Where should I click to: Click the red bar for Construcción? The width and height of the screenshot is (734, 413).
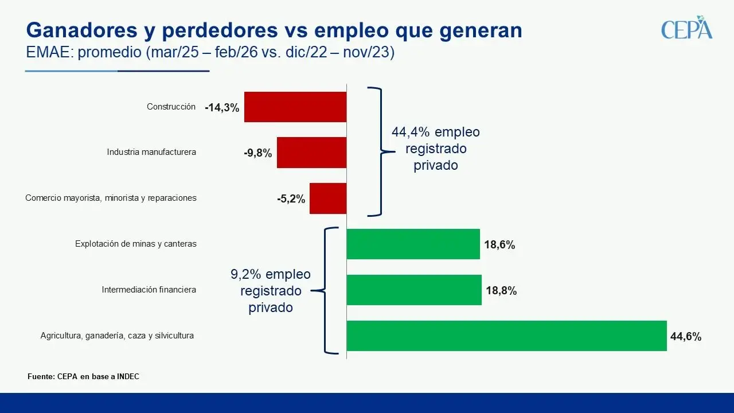click(x=295, y=107)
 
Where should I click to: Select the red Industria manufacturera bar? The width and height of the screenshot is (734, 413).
click(x=311, y=153)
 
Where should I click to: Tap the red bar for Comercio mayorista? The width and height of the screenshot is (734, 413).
click(x=327, y=198)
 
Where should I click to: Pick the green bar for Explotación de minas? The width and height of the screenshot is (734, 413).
click(x=413, y=244)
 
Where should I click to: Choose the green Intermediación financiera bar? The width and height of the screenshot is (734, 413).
click(x=414, y=290)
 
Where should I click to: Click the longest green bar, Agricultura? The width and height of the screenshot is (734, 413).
click(x=506, y=336)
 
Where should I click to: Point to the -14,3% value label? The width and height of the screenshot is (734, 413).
click(x=222, y=107)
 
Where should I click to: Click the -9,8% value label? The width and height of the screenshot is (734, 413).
click(x=257, y=153)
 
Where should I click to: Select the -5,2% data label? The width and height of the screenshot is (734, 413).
click(x=291, y=199)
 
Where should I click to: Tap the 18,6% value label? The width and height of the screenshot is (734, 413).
click(x=499, y=245)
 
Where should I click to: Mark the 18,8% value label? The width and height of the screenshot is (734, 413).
click(x=501, y=291)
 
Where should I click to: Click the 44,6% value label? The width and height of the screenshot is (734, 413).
click(x=686, y=337)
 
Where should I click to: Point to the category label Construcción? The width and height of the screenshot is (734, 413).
click(x=171, y=107)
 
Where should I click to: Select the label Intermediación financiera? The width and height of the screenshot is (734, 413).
click(x=149, y=290)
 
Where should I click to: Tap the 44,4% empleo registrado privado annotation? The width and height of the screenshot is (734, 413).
click(x=435, y=149)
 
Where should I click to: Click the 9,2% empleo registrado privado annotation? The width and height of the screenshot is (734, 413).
click(x=271, y=291)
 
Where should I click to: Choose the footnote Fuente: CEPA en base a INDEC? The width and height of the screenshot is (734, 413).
click(x=83, y=377)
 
